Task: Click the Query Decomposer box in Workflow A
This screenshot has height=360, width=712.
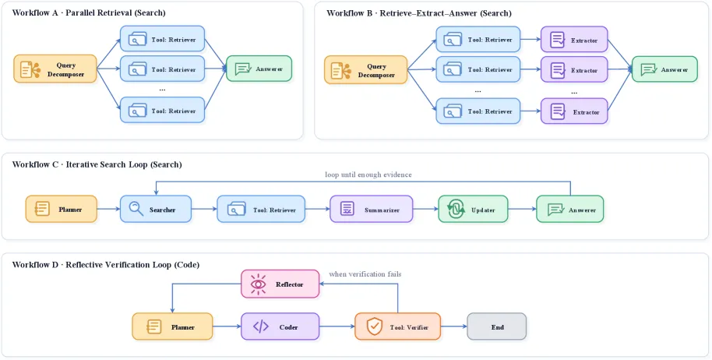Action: (x=55, y=69)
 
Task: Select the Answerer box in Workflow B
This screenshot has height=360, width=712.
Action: (x=664, y=69)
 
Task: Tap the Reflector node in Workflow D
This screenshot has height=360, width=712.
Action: (x=280, y=284)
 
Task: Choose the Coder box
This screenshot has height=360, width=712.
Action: (x=280, y=326)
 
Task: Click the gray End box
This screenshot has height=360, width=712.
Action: (x=497, y=326)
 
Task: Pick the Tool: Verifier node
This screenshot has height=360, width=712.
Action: (x=397, y=326)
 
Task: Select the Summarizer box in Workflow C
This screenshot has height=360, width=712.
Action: (x=371, y=210)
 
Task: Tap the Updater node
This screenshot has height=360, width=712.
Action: (x=473, y=210)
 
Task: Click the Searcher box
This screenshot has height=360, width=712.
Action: (x=156, y=210)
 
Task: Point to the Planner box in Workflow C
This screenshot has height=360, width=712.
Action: (x=62, y=210)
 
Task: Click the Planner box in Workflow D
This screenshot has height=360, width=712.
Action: (x=172, y=326)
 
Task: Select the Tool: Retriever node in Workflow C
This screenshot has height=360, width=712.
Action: (x=261, y=210)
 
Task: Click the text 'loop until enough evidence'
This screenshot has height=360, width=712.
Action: (x=368, y=175)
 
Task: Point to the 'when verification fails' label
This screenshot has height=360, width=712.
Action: (x=365, y=274)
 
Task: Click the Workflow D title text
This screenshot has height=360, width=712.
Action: (x=106, y=265)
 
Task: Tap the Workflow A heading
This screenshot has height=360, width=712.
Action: (x=89, y=12)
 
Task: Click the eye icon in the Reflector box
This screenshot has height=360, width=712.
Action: (x=259, y=284)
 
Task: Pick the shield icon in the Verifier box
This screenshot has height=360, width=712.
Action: (x=374, y=326)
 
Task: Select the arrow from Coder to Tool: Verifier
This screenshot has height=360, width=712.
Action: (x=337, y=326)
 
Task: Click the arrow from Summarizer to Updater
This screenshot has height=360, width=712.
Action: (x=425, y=210)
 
